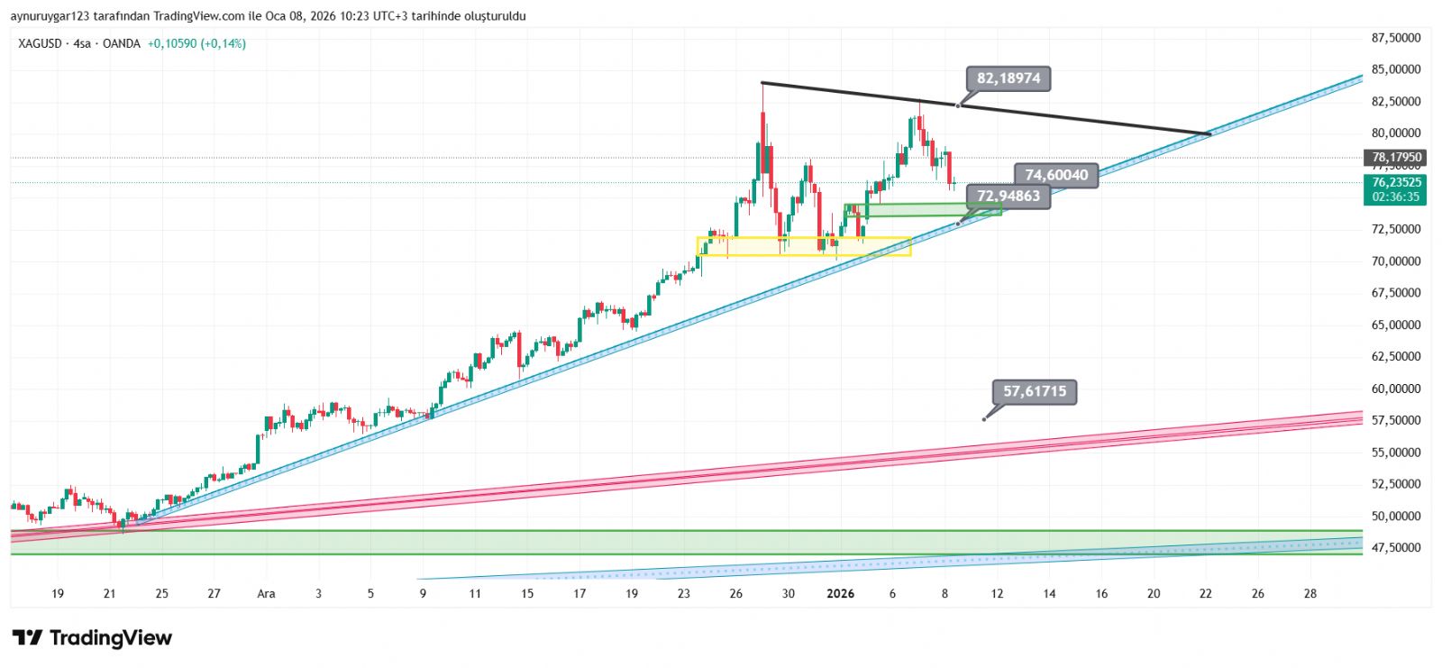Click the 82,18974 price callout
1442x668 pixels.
pos(1008,78)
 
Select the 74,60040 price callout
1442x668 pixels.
pos(1056,175)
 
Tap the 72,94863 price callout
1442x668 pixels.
pos(1008,196)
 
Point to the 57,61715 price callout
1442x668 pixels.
pos(1034,391)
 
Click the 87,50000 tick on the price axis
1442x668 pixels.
pos(1395,38)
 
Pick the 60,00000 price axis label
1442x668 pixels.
pos(1395,389)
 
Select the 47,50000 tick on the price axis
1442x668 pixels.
pos(1395,547)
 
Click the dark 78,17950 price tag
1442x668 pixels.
pos(1395,158)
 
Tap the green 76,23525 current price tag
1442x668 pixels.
pos(1395,182)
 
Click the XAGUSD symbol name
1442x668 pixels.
pos(40,43)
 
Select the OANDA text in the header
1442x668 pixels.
pos(121,43)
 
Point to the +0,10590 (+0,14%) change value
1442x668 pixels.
pos(196,43)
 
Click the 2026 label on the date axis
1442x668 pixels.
pos(840,593)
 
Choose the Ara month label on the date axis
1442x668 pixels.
pos(266,593)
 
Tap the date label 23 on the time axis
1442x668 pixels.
pos(684,593)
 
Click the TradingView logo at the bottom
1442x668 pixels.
pos(92,638)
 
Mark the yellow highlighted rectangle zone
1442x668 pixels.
pos(804,246)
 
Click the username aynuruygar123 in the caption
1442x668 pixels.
pos(51,16)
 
